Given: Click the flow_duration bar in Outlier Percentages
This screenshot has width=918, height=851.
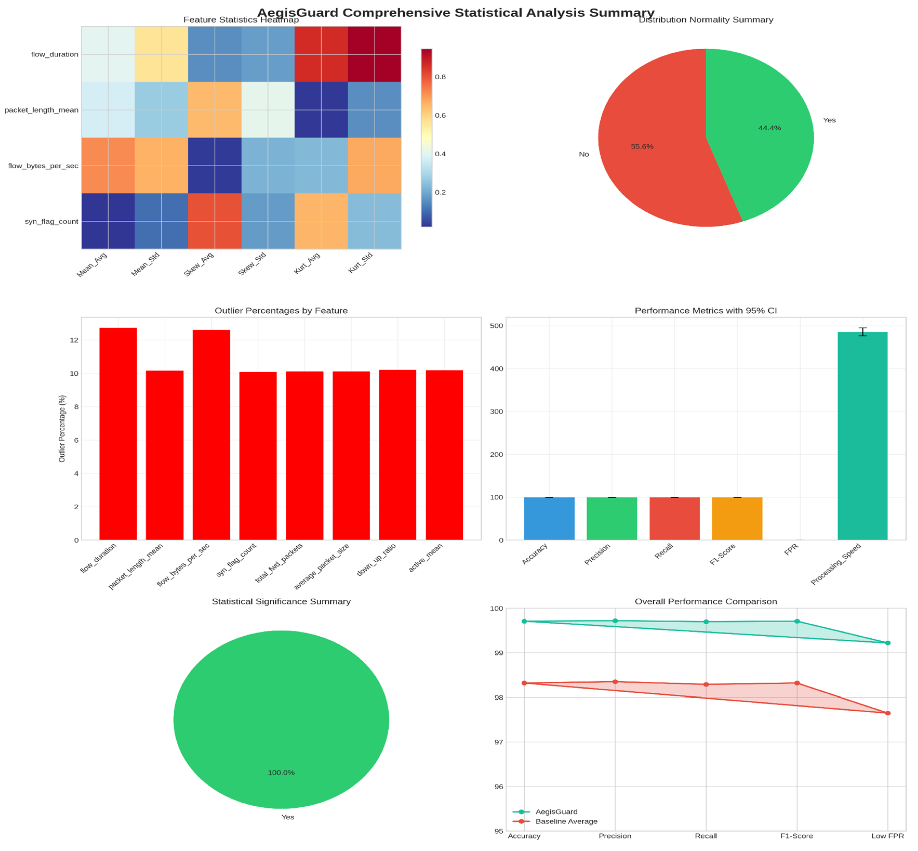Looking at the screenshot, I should coord(118,434).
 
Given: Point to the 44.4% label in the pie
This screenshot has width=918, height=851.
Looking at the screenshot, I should coord(770,128).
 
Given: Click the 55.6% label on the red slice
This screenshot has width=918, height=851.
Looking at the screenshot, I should coord(642,146).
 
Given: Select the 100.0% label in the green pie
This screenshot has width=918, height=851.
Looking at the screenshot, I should coord(281,773).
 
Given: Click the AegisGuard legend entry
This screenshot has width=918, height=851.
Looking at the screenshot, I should coord(556,812).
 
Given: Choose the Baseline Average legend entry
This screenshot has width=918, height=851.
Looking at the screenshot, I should coord(566,821).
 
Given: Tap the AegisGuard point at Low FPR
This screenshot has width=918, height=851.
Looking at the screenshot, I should coord(888,643).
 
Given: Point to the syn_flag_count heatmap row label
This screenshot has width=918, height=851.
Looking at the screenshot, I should coord(52,222).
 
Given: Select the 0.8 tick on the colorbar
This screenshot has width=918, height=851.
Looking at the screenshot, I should coord(440,77).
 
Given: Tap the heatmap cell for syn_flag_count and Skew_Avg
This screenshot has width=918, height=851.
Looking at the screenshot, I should coord(214,221).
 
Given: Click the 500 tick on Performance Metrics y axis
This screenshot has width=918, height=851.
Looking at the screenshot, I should coord(497,326).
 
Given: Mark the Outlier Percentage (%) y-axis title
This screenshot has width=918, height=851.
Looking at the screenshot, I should coord(62,429).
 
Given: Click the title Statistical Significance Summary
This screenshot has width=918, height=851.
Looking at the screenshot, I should coord(281,601).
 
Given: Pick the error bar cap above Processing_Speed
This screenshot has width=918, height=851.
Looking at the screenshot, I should coord(862,328).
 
